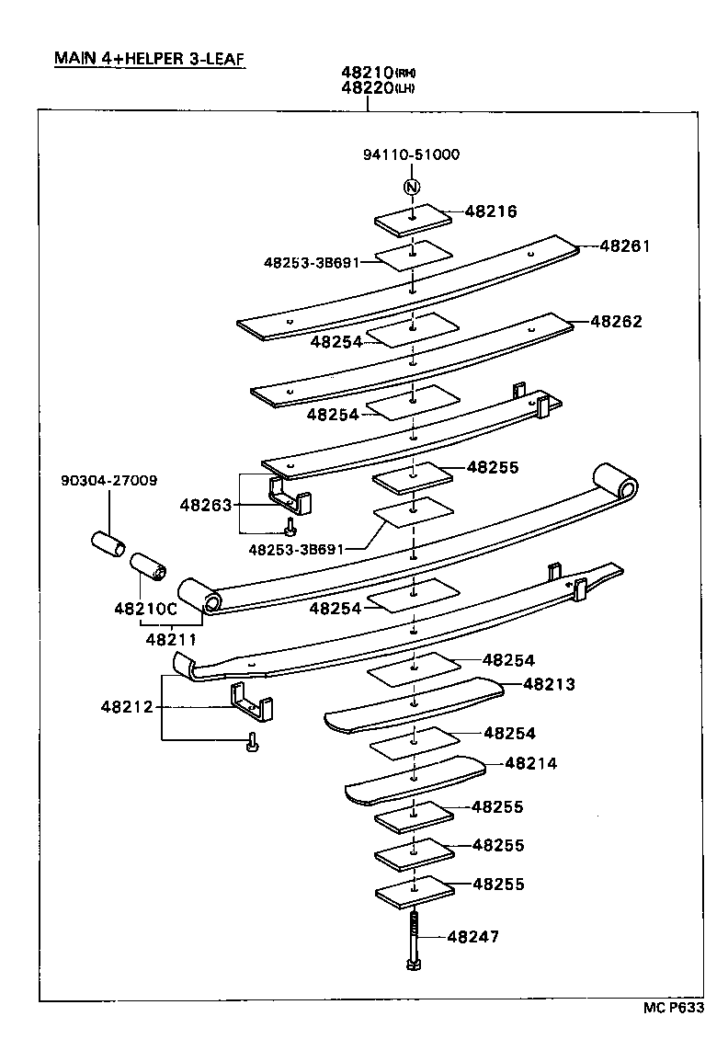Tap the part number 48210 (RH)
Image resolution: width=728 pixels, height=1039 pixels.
(380, 73)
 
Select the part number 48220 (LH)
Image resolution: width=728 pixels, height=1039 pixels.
(380, 87)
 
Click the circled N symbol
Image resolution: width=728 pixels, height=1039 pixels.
(412, 188)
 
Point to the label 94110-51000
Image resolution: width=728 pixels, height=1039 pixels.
(411, 154)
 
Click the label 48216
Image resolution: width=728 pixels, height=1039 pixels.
(491, 211)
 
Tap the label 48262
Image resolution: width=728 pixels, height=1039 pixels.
(616, 322)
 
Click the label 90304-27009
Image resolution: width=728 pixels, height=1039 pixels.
(108, 480)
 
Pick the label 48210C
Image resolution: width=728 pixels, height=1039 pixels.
(144, 610)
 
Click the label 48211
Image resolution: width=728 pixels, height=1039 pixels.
(170, 638)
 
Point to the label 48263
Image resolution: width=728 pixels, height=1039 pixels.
(206, 504)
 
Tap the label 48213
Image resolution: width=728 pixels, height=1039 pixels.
(549, 684)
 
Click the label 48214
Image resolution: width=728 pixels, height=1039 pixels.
(531, 763)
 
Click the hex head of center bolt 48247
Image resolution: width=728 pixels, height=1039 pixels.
(413, 965)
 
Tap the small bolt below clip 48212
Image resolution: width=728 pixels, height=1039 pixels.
(252, 743)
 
